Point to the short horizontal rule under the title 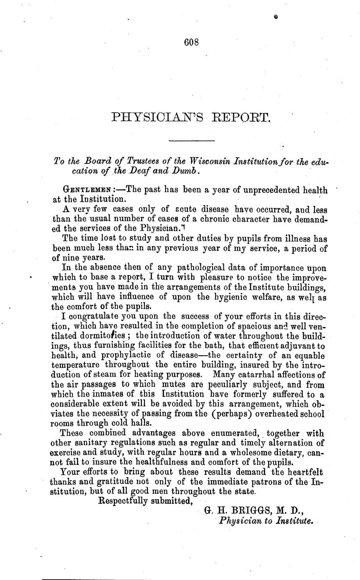pos(191,140)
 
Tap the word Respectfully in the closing pos(126,500)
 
